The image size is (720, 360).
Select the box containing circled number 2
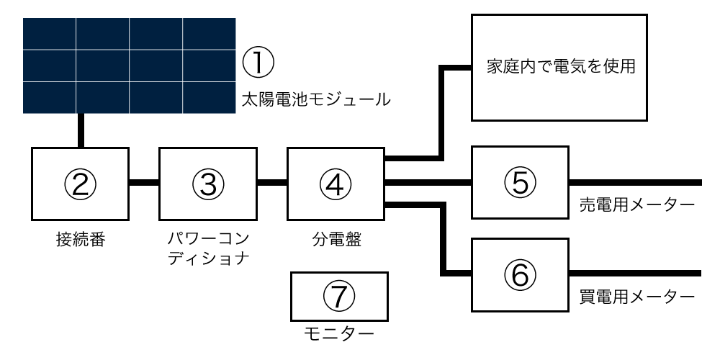(80, 184)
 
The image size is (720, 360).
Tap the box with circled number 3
(207, 184)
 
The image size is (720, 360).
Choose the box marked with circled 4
(336, 184)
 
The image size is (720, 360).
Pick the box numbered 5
(521, 182)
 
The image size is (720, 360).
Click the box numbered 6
(521, 274)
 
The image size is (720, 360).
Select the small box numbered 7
(339, 296)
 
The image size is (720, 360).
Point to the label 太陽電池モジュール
(316, 99)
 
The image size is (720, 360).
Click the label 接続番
(81, 239)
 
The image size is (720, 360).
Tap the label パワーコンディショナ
(208, 248)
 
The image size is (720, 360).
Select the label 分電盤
(336, 239)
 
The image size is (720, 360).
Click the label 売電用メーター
(637, 204)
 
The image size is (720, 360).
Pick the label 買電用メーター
(637, 297)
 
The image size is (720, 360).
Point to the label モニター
(339, 335)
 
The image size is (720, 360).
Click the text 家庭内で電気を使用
(561, 67)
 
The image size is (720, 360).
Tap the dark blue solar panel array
(129, 66)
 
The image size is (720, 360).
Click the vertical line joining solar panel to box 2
(81, 130)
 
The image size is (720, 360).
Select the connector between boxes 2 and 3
(144, 182)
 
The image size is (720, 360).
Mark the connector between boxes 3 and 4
(272, 182)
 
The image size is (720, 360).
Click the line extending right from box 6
(636, 273)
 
